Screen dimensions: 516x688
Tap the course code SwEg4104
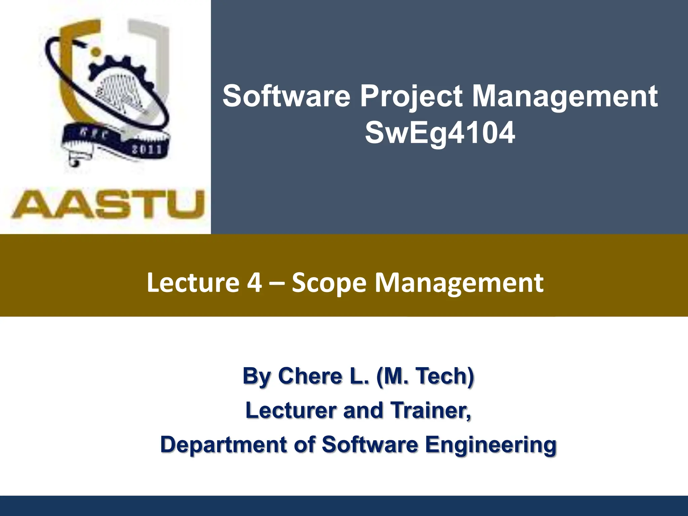[x=440, y=133]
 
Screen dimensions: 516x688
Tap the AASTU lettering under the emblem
[x=108, y=204]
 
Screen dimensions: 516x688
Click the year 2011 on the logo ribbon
[x=147, y=149]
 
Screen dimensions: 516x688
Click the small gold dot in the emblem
[x=96, y=51]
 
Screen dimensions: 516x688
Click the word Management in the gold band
[x=459, y=283]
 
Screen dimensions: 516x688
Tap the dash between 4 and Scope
[x=277, y=283]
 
